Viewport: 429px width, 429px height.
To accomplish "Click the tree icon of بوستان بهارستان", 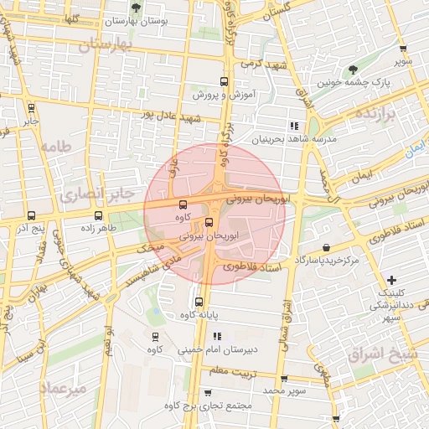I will [x=136, y=8].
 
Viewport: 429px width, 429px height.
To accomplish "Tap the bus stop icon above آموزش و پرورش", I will [x=224, y=82].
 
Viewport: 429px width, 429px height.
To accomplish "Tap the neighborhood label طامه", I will [x=55, y=145].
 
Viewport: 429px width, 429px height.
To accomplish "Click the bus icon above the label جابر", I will [x=32, y=108].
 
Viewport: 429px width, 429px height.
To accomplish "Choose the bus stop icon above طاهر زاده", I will [x=100, y=215].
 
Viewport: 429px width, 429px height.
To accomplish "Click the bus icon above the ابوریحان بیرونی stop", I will [x=209, y=223].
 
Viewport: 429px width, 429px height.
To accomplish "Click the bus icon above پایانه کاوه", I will [x=199, y=302].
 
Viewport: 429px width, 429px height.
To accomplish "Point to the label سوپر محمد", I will [x=285, y=390].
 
